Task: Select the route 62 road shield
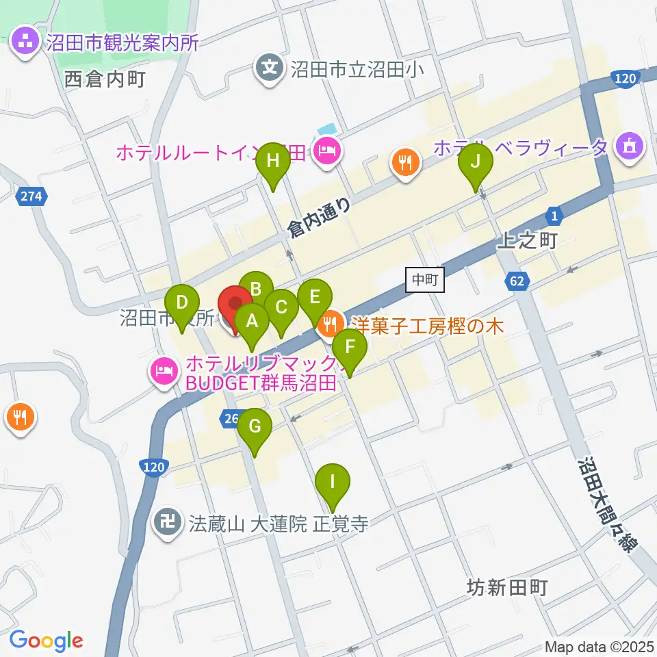(x=519, y=279)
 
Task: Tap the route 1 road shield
(x=555, y=217)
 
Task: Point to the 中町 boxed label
(x=425, y=279)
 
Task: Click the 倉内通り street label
(x=320, y=217)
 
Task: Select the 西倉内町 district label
(x=105, y=79)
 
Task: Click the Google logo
(x=46, y=641)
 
